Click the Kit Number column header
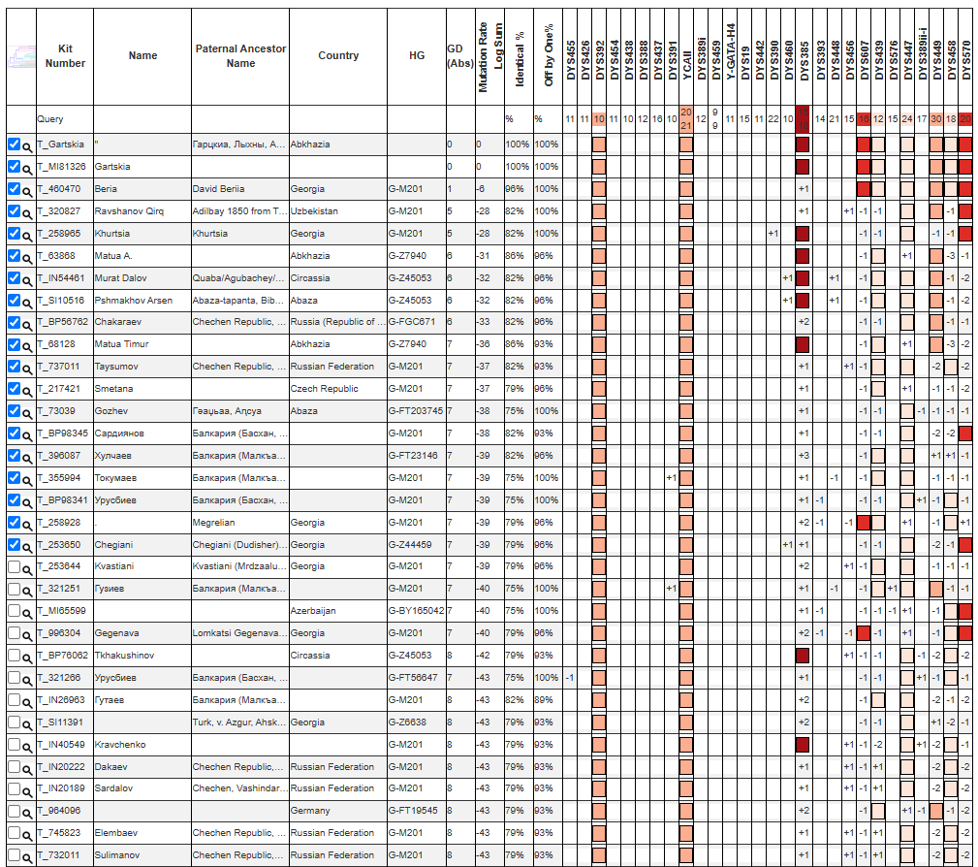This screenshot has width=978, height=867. tap(65, 56)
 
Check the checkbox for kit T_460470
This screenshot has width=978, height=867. tap(14, 188)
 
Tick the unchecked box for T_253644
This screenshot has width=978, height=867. tap(14, 566)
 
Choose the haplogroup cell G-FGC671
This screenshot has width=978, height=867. tap(411, 322)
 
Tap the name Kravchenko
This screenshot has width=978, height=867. tap(119, 744)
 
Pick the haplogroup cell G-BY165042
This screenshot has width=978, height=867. tap(415, 611)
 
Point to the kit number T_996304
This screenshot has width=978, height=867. tap(60, 633)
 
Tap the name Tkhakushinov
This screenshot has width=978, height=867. tap(124, 656)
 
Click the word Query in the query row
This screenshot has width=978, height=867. tap(49, 119)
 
